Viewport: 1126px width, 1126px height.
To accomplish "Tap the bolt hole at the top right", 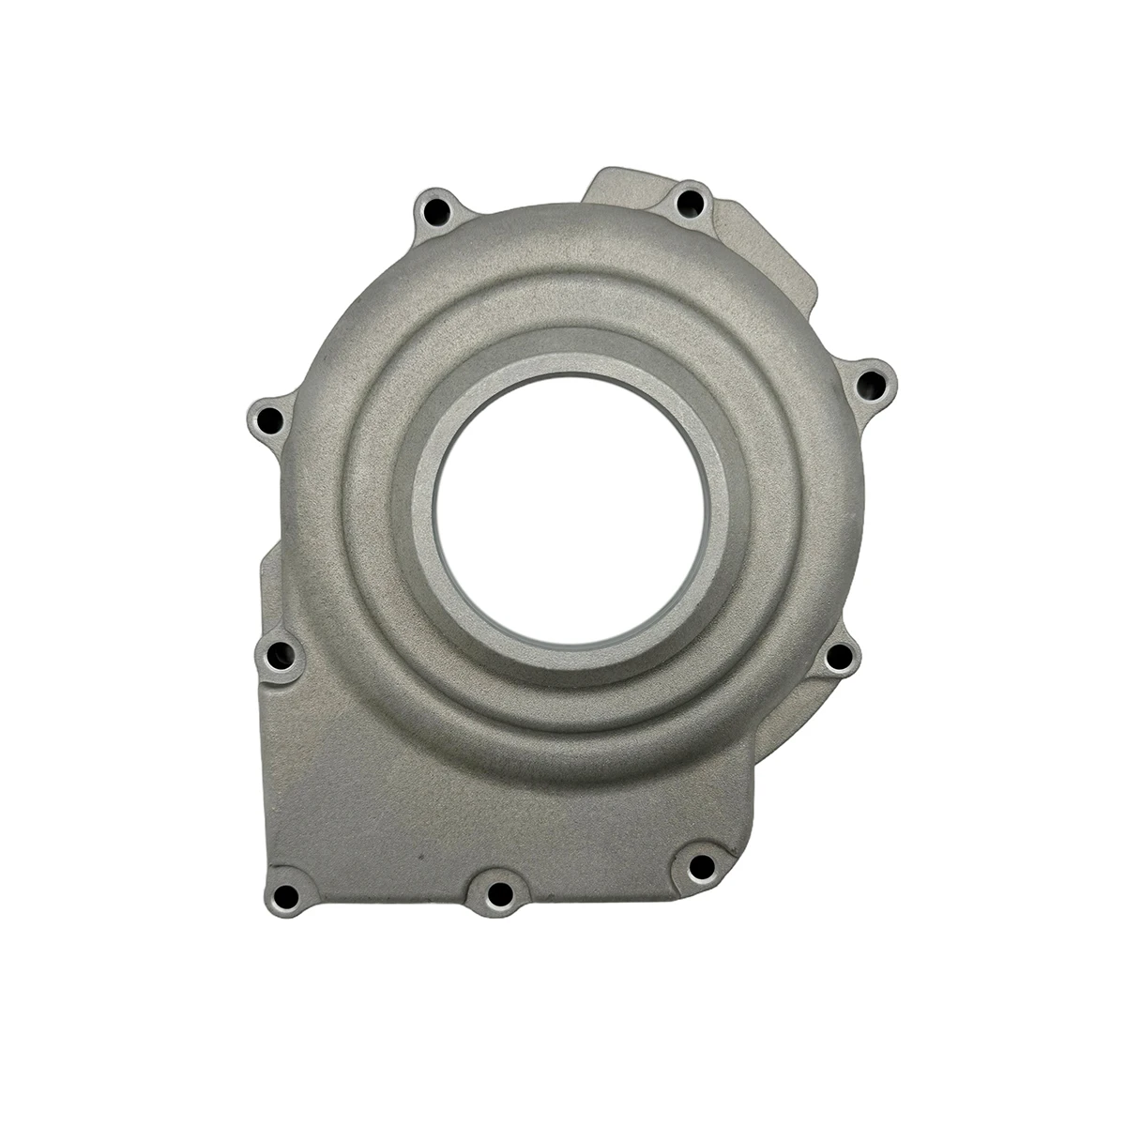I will [692, 199].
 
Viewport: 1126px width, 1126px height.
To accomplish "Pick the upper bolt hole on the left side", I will [270, 419].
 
